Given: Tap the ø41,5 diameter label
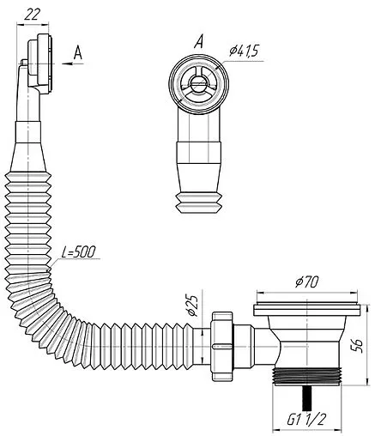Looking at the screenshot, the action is pos(244,51).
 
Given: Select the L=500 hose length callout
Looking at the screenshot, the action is pos(78,252).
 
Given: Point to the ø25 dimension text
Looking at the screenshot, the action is pos(193,305).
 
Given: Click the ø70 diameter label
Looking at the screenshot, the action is pos(307,282).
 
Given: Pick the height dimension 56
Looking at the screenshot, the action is pos(356,346).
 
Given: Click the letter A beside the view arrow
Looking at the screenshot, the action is pos(78,52).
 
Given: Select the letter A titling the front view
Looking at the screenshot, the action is pos(199,41).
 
